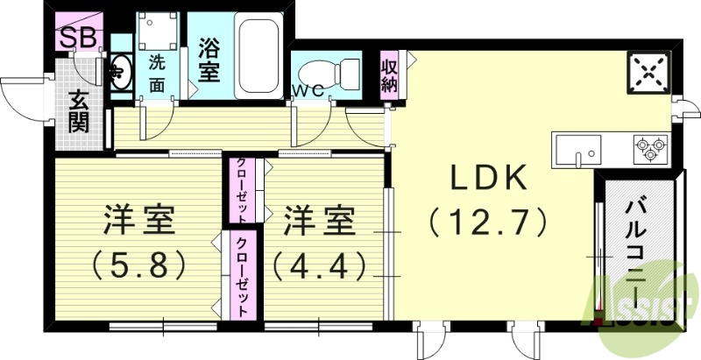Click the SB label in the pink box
(78, 37)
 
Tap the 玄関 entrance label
(78, 112)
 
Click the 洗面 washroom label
(157, 73)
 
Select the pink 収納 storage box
(390, 75)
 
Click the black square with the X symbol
(649, 72)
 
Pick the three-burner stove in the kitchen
(649, 145)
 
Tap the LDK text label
(489, 179)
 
